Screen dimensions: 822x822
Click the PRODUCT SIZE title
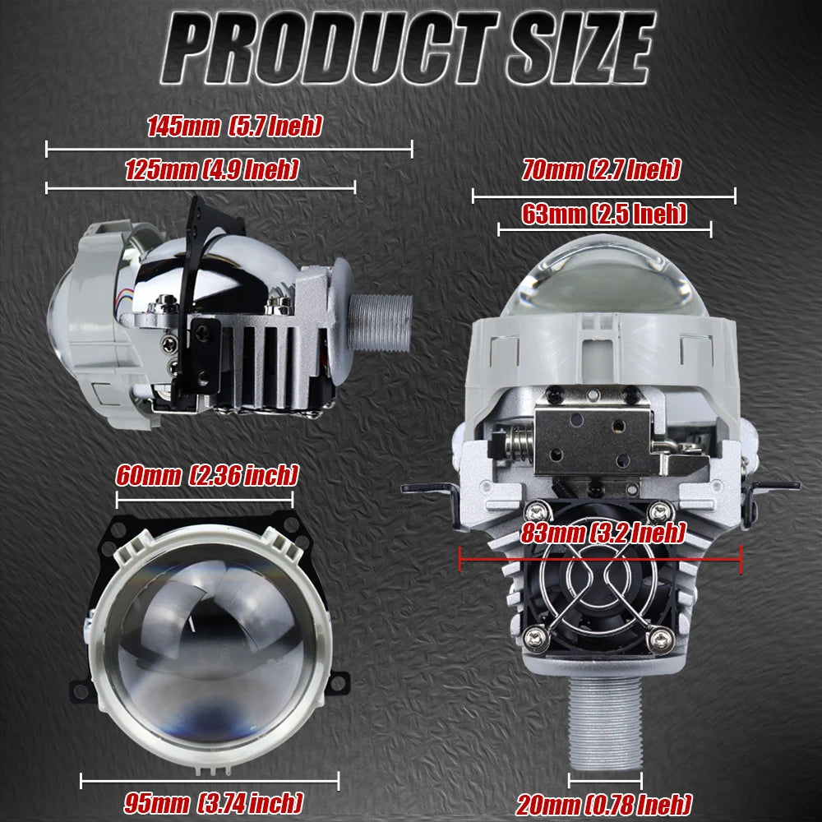tap(409, 48)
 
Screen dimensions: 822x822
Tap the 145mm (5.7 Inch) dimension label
tap(234, 127)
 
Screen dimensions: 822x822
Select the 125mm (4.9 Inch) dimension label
tap(212, 170)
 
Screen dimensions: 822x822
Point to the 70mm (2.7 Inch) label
tap(602, 170)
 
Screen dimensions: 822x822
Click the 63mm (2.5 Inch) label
tap(604, 214)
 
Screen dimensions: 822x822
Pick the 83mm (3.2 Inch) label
tap(603, 533)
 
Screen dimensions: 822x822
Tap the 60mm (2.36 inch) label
tap(207, 475)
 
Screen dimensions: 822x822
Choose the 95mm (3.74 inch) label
tap(214, 802)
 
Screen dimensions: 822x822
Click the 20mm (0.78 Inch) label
tap(604, 804)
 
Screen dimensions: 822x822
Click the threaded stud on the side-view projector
tap(380, 323)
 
